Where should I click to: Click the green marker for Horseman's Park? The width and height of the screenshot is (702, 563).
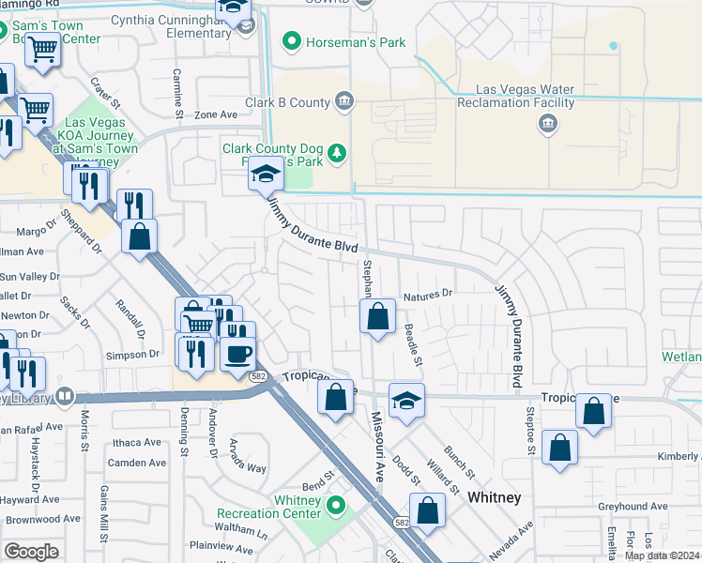291,41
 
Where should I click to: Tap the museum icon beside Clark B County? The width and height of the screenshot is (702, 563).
344,102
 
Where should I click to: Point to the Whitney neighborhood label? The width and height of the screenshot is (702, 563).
494,497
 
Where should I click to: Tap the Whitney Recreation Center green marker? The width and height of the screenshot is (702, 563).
337,508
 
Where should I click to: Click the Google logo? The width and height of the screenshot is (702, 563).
30,551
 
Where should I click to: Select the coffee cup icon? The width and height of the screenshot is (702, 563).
237,354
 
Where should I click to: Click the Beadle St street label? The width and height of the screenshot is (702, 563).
414,345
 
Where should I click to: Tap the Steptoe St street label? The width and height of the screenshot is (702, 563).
530,437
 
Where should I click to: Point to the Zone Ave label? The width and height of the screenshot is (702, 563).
216,114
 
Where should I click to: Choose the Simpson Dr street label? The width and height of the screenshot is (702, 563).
132,355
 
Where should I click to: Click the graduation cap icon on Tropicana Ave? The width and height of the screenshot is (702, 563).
406,401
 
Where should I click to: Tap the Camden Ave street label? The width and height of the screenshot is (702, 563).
137,463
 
